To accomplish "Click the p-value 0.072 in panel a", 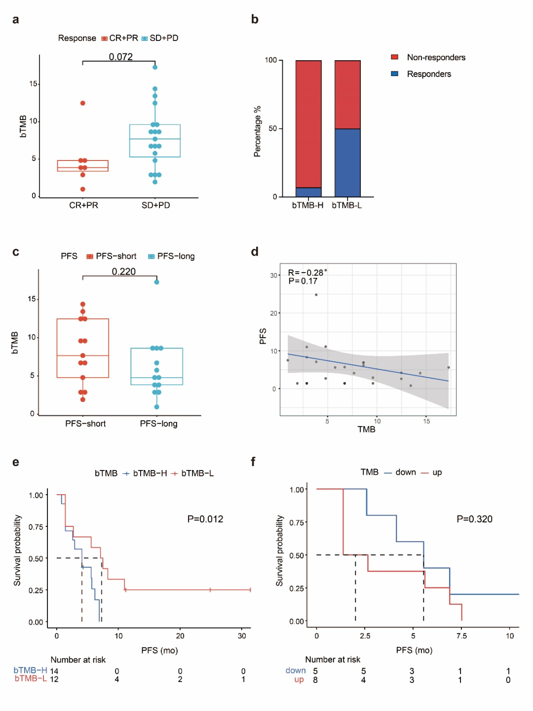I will coord(121,57).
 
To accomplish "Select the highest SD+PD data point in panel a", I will coord(155,67).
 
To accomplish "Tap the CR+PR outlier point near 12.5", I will coord(83,103).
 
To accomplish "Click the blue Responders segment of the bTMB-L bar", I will coord(347,162).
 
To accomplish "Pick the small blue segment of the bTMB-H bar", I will coord(308,192).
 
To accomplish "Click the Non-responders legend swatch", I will coord(395,57).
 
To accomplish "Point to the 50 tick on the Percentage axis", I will coord(273,128).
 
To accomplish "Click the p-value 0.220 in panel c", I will coord(123,272).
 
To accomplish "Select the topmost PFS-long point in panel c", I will coord(156,282).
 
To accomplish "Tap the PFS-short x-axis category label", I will coord(85,424).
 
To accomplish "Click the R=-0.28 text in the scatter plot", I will coord(305,273).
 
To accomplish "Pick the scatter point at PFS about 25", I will coord(316,295).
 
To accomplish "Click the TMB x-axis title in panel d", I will coord(366,430).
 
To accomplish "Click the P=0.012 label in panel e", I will coord(205,519).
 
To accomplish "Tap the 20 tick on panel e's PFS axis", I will coord(180,636).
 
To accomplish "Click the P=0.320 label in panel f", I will coord(474,519).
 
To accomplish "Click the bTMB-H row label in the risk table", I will coord(31,670).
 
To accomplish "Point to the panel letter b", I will coord(255,19).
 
